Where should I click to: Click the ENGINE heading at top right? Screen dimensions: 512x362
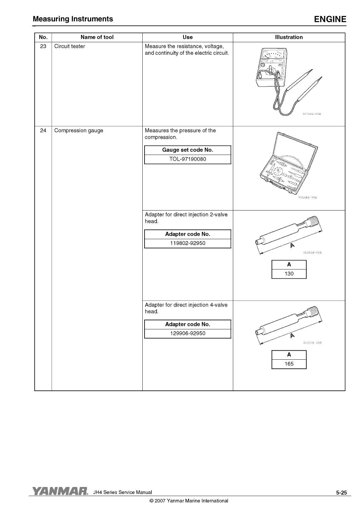330,19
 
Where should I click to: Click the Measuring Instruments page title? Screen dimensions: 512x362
73,19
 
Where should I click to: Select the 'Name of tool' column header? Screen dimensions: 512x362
97,37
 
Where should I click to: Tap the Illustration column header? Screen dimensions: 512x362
289,37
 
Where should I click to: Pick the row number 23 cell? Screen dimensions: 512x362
43,46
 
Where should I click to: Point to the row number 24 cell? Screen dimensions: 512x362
43,130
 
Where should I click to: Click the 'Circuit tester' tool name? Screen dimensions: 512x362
69,46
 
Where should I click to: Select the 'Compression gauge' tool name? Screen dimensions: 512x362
79,130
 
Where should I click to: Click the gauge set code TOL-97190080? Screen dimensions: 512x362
187,159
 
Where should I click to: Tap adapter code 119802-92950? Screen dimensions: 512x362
187,243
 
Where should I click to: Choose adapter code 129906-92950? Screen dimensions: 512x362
187,333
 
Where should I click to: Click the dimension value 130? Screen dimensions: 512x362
289,274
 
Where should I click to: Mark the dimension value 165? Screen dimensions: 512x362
289,364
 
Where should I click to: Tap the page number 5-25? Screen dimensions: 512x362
341,493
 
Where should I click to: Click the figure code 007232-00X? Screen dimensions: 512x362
312,114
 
